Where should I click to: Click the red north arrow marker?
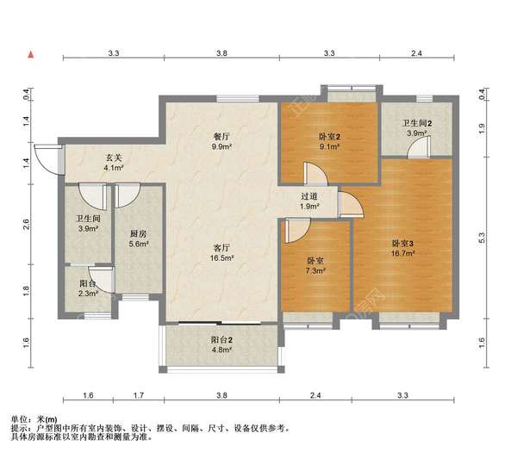[x=31, y=54]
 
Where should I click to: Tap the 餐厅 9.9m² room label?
[x=222, y=141]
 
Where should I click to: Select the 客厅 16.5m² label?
[x=222, y=252]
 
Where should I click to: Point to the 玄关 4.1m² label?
[x=114, y=163]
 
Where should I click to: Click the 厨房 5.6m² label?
[x=139, y=238]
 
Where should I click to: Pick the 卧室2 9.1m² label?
[x=329, y=141]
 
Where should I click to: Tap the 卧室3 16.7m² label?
[x=402, y=249]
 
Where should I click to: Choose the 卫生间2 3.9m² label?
[x=416, y=128]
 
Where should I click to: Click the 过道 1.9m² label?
[x=309, y=201]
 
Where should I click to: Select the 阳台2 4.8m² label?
[x=222, y=344]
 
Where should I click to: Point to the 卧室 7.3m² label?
[x=315, y=266]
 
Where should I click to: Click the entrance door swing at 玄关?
[x=47, y=160]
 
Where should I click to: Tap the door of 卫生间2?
[x=419, y=147]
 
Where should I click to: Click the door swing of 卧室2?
[x=316, y=174]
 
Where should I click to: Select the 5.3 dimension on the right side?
[x=482, y=238]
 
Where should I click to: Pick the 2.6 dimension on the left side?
[x=27, y=224]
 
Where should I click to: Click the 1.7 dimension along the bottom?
[x=139, y=395]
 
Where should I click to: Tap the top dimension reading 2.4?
[x=416, y=53]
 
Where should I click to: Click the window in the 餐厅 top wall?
[x=238, y=98]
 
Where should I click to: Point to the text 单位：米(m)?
[x=34, y=419]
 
